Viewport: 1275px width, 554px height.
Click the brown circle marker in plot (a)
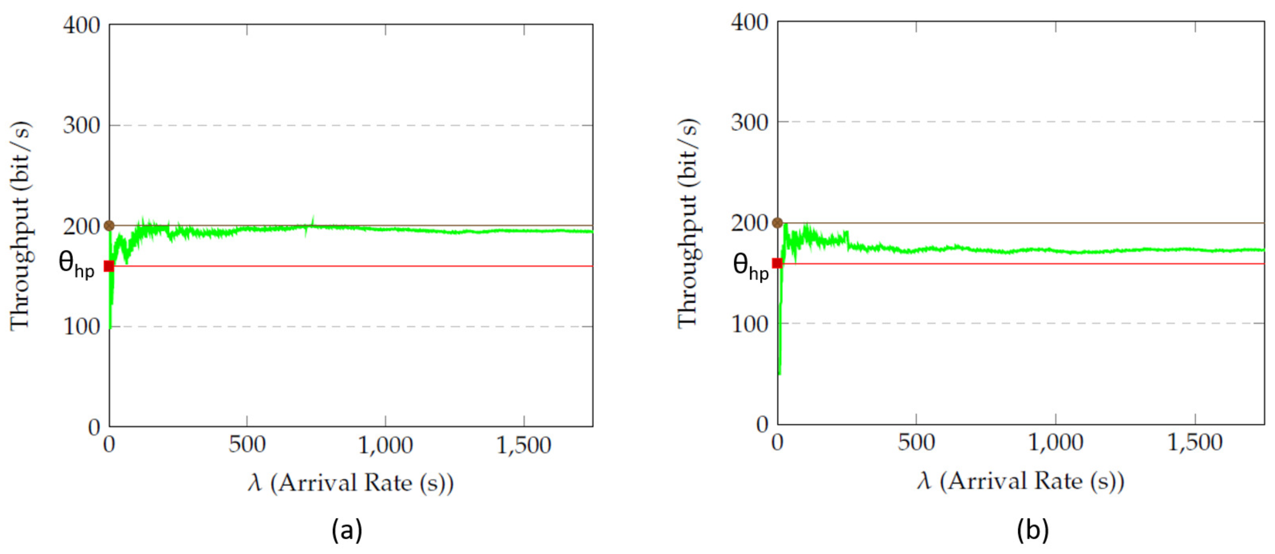click(109, 226)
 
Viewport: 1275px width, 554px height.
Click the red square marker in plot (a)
click(109, 267)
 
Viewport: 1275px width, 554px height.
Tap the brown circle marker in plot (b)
click(778, 223)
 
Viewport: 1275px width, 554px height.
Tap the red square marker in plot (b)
click(778, 263)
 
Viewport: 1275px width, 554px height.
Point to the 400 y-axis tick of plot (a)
click(82, 25)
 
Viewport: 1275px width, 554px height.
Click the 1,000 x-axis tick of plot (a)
click(385, 445)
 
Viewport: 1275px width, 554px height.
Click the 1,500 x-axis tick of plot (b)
click(1195, 442)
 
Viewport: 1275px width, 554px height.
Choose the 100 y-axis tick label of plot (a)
click(82, 326)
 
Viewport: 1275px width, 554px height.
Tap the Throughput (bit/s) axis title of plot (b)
click(688, 223)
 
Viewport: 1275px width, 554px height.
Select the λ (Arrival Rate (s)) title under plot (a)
click(350, 483)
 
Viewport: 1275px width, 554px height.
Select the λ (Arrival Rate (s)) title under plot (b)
click(1021, 481)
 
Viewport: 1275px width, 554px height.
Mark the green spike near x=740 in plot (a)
click(312, 219)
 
